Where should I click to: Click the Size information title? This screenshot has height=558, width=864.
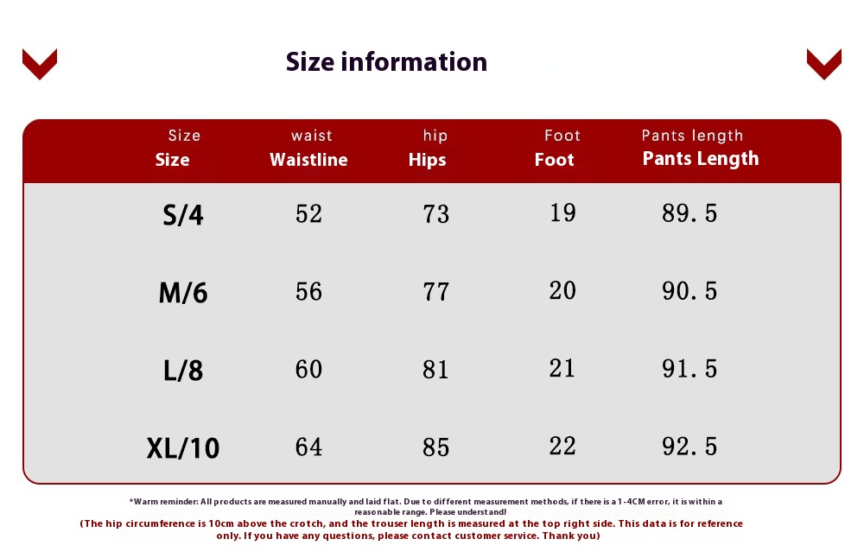coord(386,61)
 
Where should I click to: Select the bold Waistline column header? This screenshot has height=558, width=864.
coord(308,160)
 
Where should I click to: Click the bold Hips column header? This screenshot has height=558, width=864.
coord(427,160)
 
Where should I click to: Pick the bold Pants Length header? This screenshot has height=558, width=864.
coord(701,159)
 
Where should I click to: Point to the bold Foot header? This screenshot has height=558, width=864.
coord(555,160)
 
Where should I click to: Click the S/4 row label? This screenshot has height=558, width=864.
coord(183,214)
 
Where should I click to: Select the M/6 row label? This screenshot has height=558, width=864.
coord(183,293)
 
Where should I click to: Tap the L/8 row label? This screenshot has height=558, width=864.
coord(183,371)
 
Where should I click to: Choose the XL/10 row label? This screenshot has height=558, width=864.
coord(183,447)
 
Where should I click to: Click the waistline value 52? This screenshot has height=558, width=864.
coord(308,213)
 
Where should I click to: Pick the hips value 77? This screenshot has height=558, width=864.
coord(435,292)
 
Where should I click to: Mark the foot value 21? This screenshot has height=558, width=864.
coord(562,368)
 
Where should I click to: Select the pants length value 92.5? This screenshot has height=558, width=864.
coord(689,447)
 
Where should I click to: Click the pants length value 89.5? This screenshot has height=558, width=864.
coord(689,213)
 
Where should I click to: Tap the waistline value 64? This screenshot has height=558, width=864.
coord(308,447)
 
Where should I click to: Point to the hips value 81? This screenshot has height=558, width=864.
coord(435,370)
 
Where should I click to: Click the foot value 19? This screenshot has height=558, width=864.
coord(562,212)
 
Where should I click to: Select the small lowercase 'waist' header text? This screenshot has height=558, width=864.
coord(312,136)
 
